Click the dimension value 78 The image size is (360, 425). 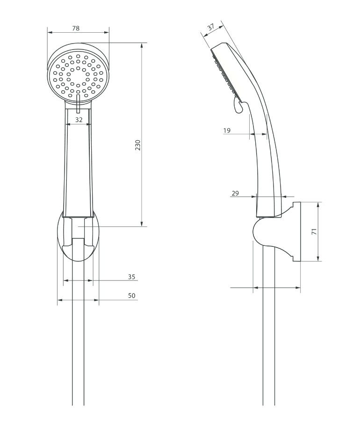(76, 28)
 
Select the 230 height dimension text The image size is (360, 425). (138, 145)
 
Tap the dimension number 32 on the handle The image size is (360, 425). (79, 120)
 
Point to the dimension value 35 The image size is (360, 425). (132, 277)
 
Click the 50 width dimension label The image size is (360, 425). (132, 295)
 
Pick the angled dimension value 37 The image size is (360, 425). (211, 27)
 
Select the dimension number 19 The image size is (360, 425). (227, 130)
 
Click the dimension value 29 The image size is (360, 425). (235, 193)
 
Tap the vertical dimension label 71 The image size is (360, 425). (314, 231)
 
